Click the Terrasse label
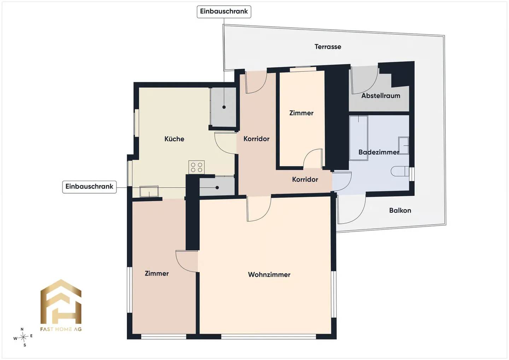tap(328, 47)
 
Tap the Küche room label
tap(174, 139)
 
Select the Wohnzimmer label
tap(269, 274)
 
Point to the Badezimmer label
tap(379, 152)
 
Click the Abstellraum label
tap(381, 96)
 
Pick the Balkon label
tap(400, 210)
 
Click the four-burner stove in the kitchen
tap(197, 167)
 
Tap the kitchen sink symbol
tap(149, 191)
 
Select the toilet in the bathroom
tap(400, 171)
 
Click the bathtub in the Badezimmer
tap(358, 138)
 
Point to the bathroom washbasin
tap(404, 145)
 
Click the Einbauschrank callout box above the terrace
tap(224, 12)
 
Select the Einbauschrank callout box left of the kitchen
tap(89, 187)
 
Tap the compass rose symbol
tap(23, 337)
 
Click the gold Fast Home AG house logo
tap(61, 302)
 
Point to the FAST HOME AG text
tap(61, 329)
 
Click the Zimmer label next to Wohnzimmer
tap(157, 273)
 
